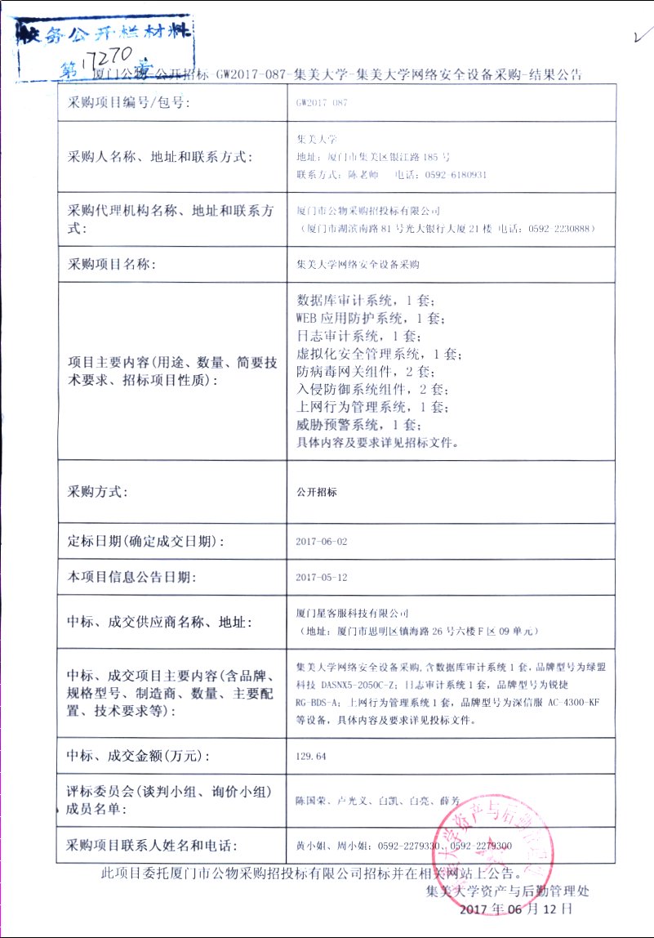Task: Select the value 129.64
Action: (x=311, y=757)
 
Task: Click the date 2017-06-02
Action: (x=322, y=542)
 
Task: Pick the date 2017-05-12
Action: (x=322, y=577)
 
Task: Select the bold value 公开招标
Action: (x=316, y=492)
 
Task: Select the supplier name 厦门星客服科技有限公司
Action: (x=351, y=613)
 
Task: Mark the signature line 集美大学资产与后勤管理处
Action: (x=507, y=891)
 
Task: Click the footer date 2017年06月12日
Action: (x=517, y=909)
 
